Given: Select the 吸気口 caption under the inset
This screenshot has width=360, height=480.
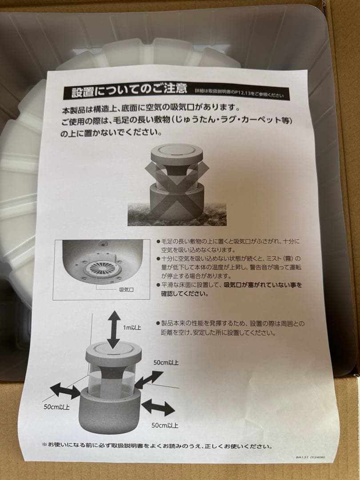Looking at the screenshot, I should pyautogui.click(x=127, y=288).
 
